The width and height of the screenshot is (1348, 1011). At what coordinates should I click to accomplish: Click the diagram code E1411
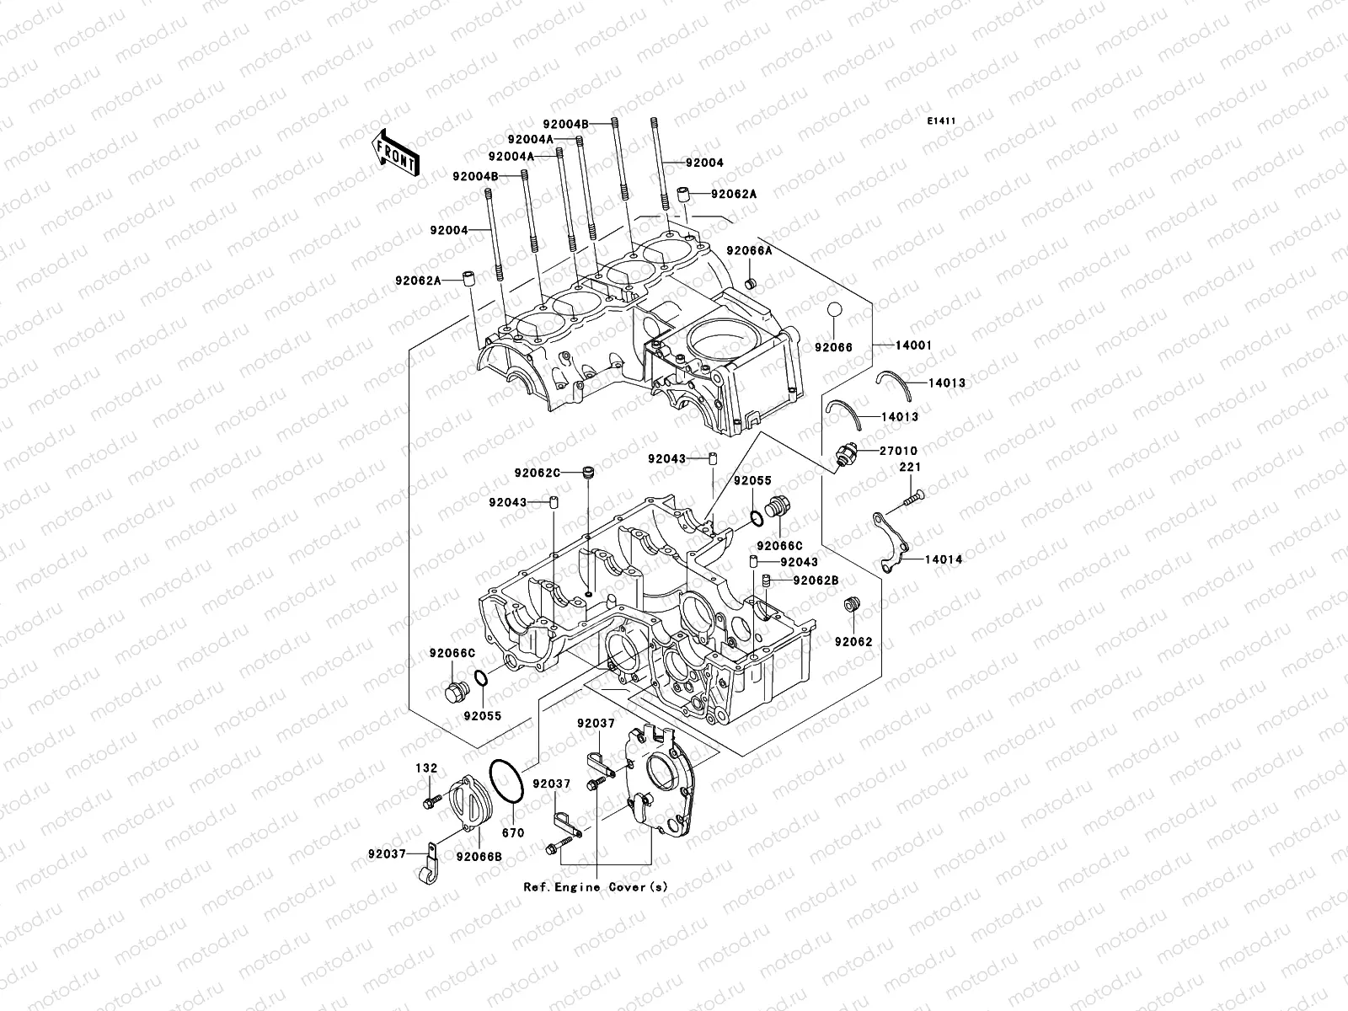[941, 121]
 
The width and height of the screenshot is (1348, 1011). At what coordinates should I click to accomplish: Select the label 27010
[898, 451]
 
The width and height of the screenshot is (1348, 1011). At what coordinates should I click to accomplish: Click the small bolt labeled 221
[913, 499]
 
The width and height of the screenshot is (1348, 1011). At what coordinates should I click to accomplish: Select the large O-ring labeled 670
[508, 783]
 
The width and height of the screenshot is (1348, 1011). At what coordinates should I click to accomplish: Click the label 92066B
[479, 857]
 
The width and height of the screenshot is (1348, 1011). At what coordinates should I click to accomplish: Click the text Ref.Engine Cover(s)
[596, 887]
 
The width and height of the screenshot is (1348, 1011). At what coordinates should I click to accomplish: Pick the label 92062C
[537, 472]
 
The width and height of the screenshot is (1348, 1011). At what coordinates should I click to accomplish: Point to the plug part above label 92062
[851, 605]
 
